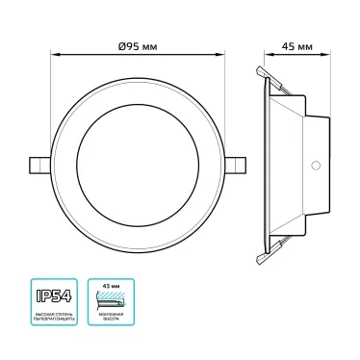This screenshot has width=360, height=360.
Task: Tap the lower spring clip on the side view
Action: point(273,252)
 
